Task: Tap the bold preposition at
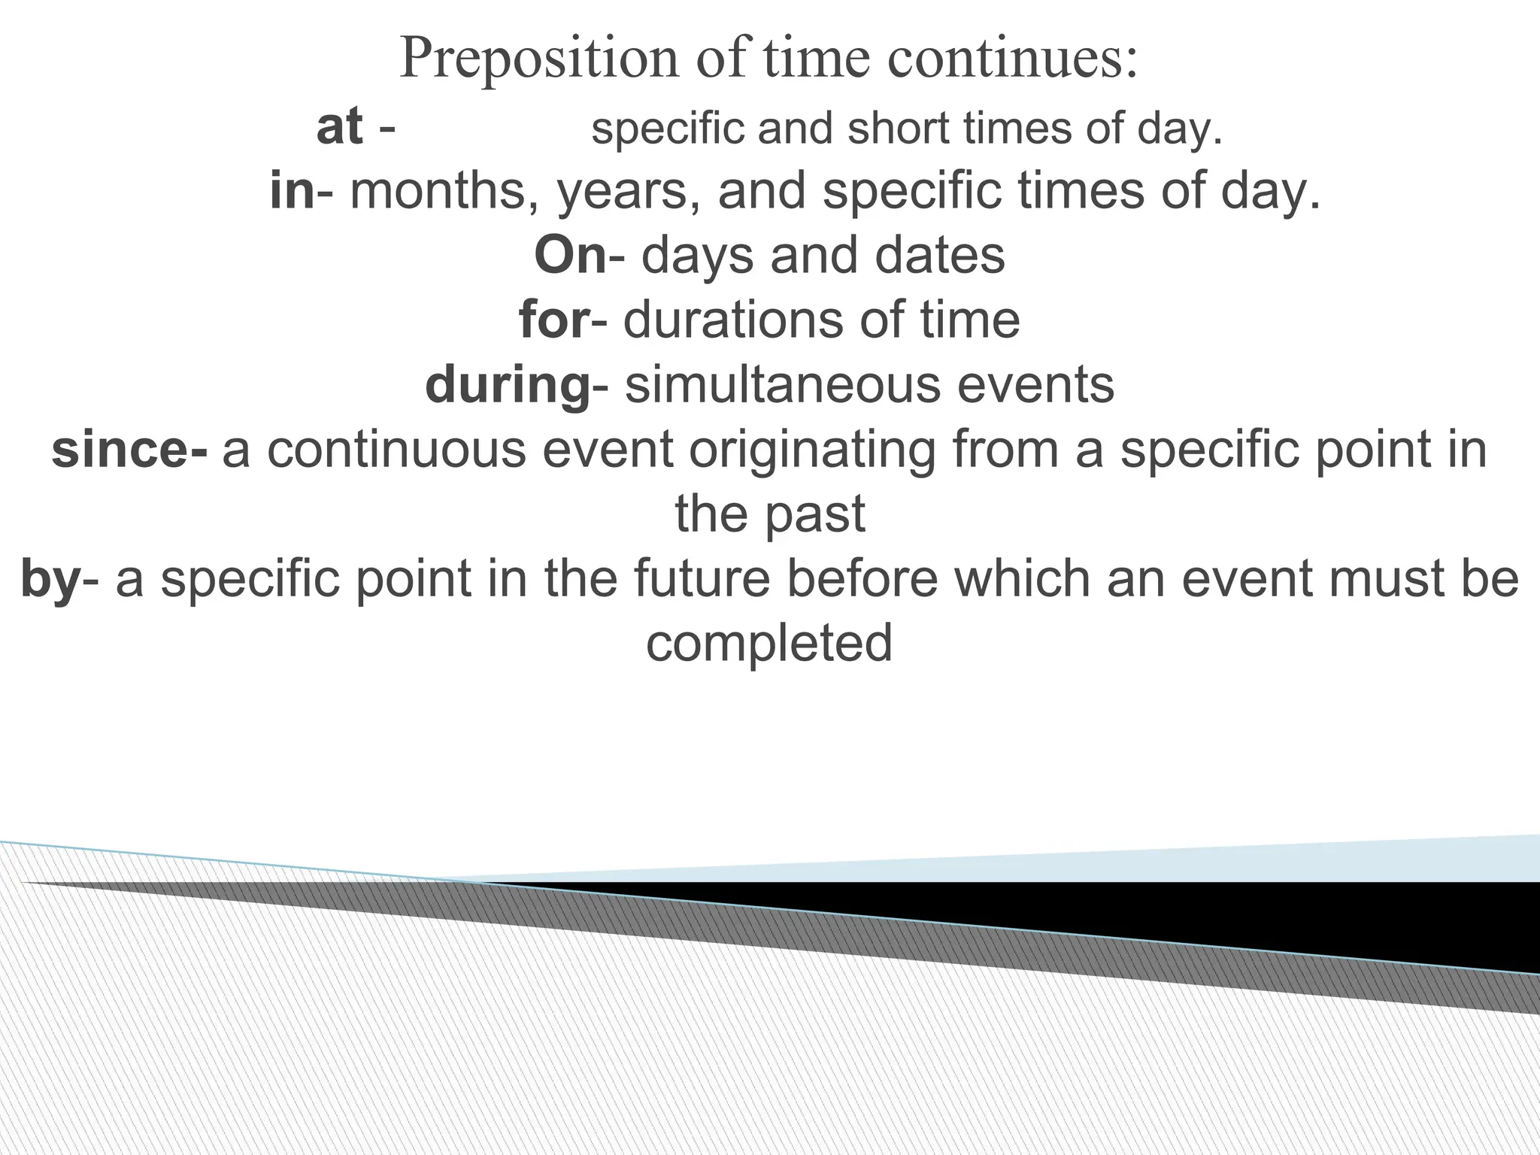[x=340, y=127]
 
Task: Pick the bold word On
[x=570, y=256]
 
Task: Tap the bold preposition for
[x=553, y=320]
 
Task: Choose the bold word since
[x=122, y=450]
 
